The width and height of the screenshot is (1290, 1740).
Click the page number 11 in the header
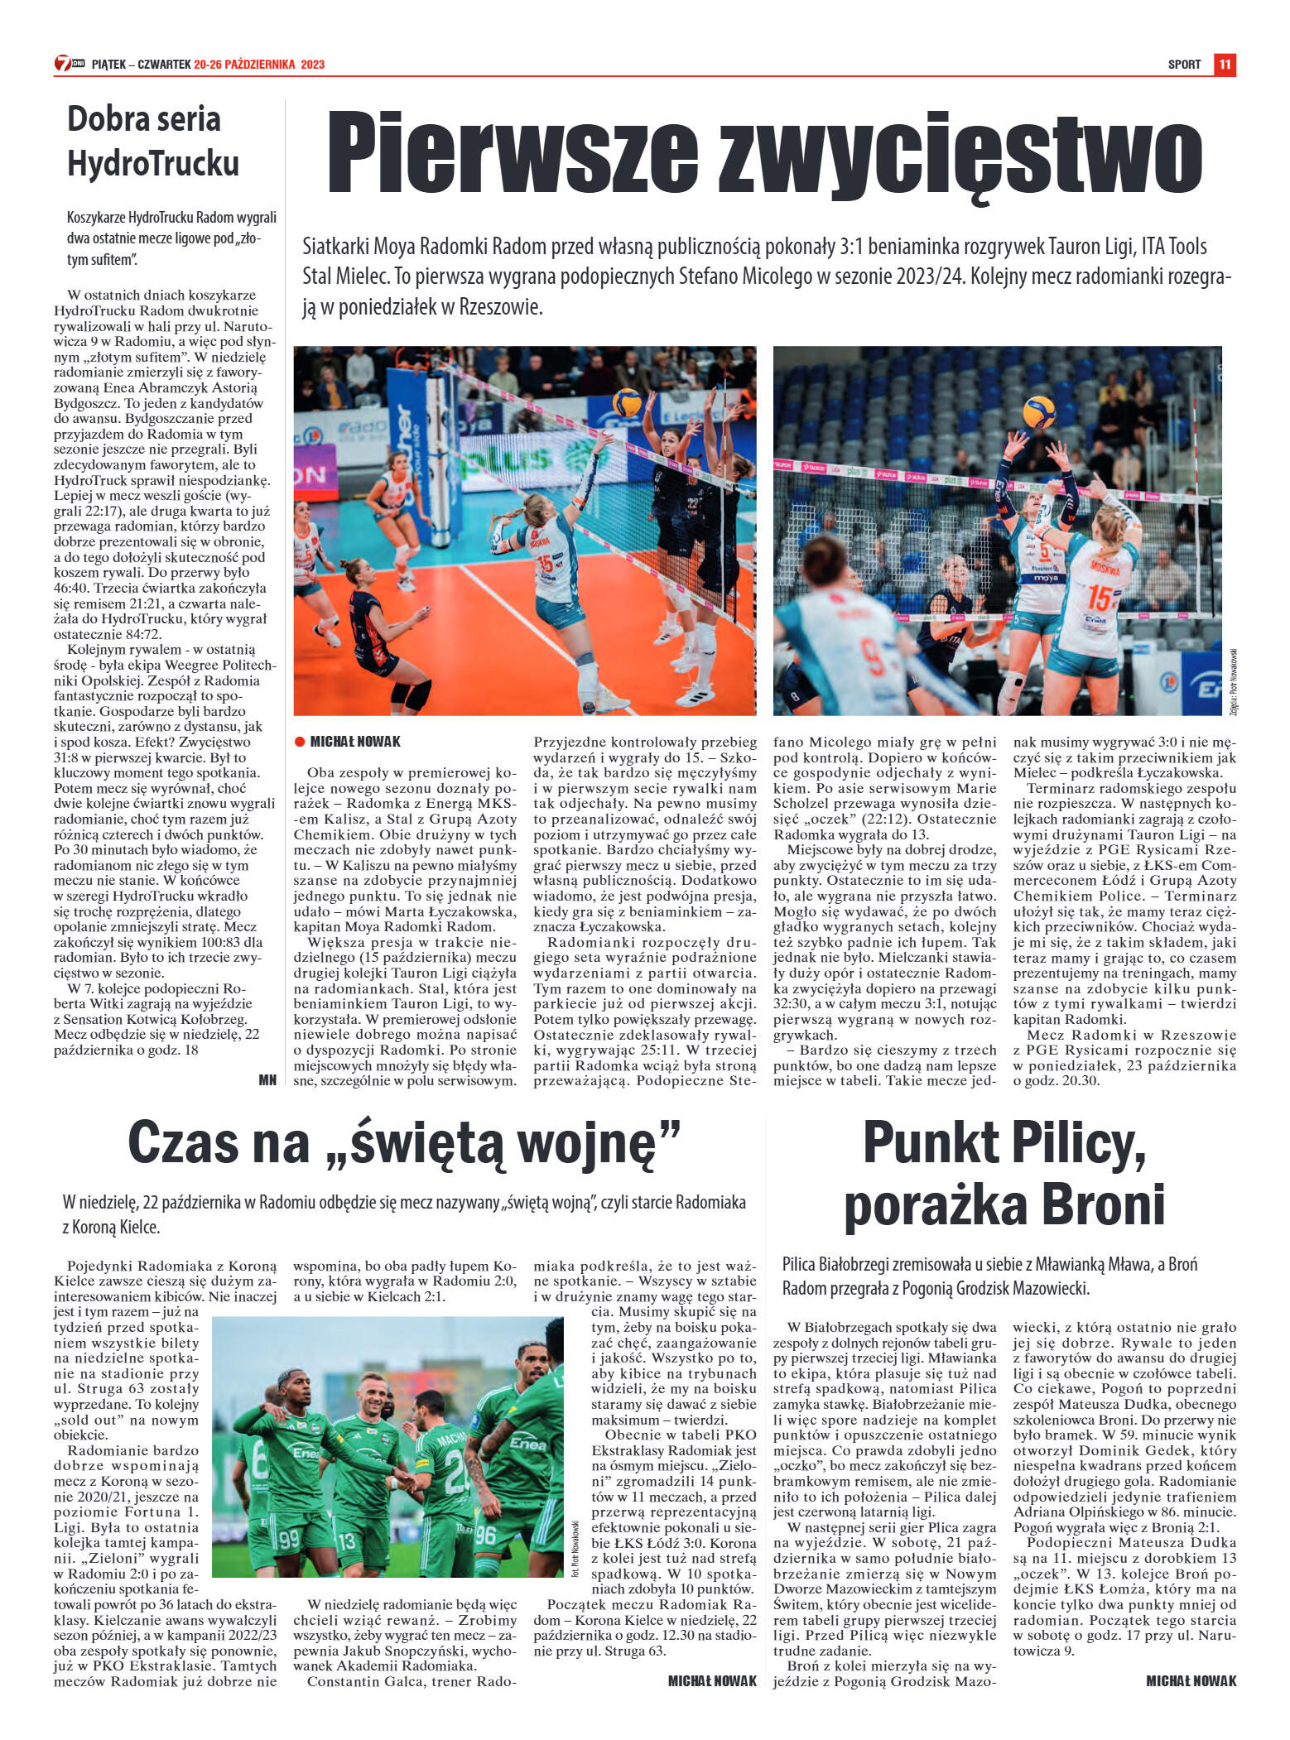point(1225,64)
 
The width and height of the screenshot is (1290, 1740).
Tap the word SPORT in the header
point(1184,65)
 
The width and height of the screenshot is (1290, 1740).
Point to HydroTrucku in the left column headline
point(153,163)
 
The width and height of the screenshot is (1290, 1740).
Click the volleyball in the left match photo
point(627,402)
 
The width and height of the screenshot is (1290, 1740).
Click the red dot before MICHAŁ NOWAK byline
point(300,742)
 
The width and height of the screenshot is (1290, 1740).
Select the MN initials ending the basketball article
point(267,1079)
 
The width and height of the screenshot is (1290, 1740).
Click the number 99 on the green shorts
point(289,1539)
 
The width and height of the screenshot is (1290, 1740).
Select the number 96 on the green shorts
point(485,1534)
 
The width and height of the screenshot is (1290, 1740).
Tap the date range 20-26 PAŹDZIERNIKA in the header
point(246,65)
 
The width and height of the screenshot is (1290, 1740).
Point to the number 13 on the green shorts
point(346,1541)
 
